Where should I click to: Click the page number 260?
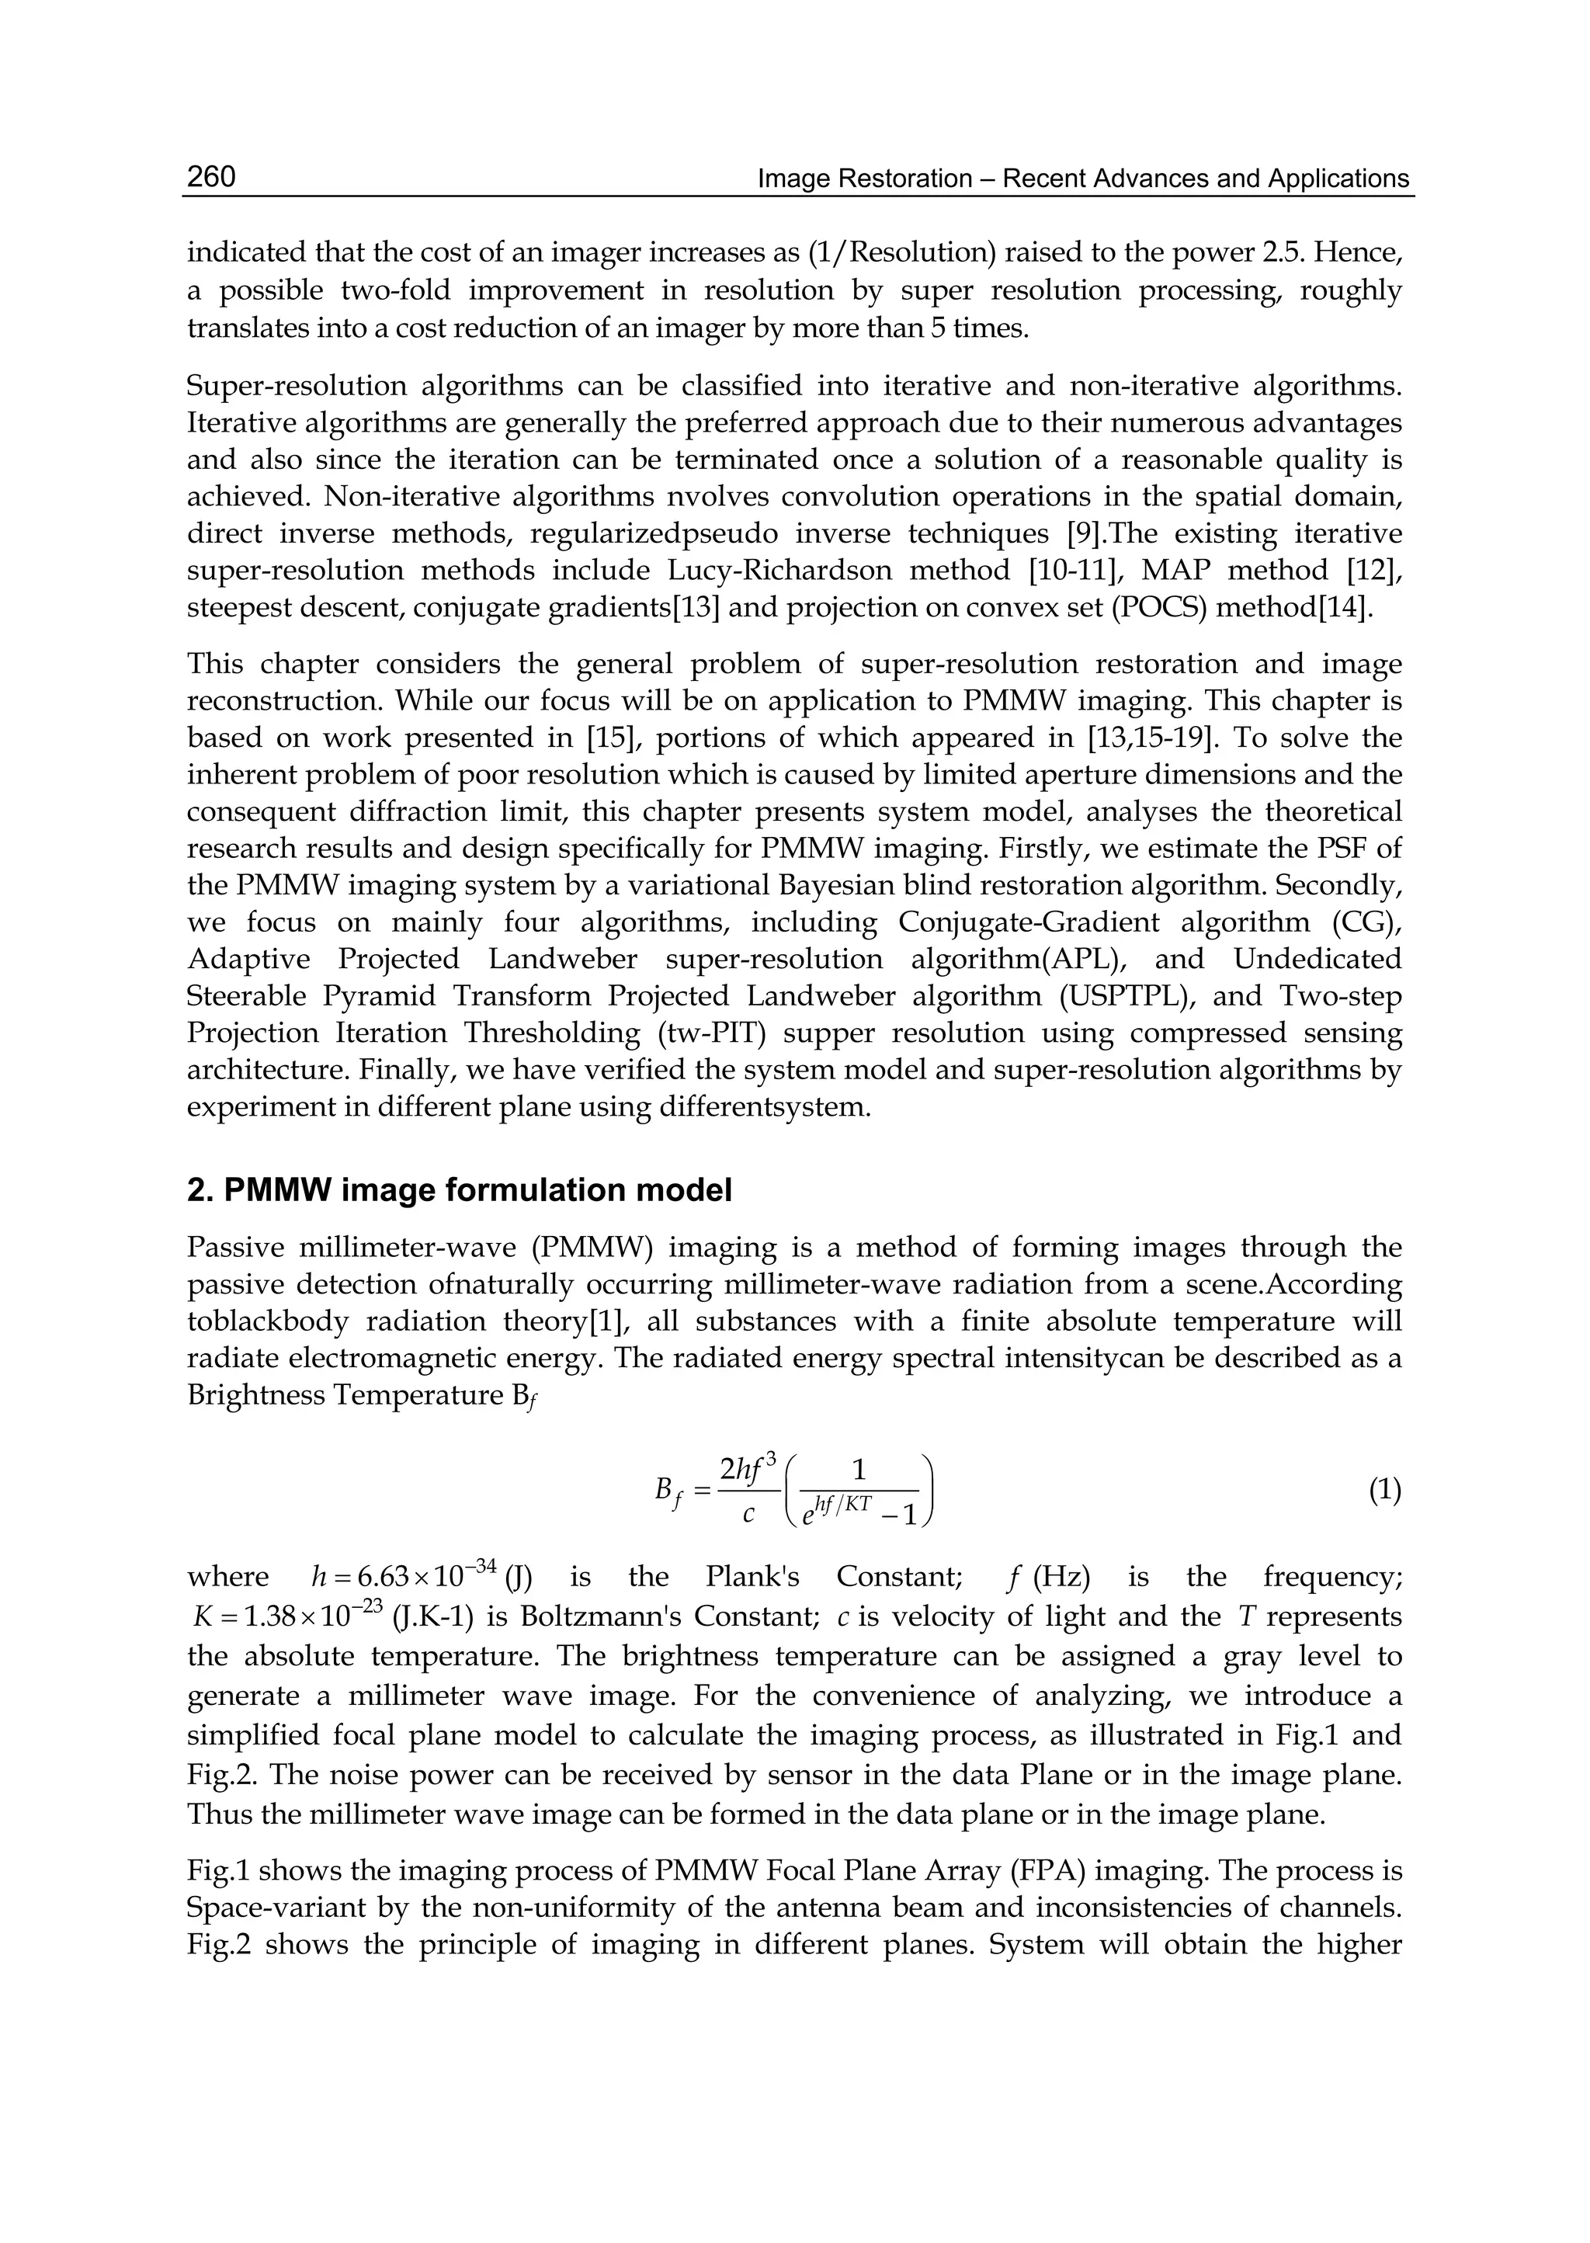point(210,177)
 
